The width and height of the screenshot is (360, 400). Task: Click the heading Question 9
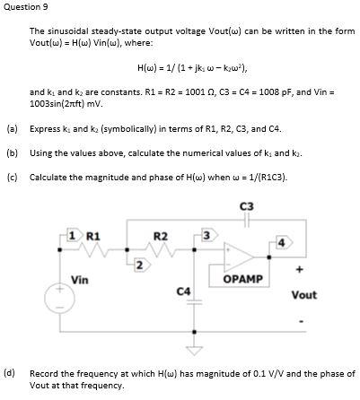(x=24, y=7)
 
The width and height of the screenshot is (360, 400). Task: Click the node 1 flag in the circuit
(x=74, y=235)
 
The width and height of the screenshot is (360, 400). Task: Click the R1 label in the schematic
(x=92, y=236)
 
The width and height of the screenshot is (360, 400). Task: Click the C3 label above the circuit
(x=247, y=206)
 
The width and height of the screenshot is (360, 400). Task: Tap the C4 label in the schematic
(x=183, y=291)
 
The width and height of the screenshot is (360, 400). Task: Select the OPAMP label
(x=241, y=279)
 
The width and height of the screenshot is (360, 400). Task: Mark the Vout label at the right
(x=303, y=294)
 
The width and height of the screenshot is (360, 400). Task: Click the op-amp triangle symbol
(x=239, y=255)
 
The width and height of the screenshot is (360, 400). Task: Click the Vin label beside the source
(x=79, y=280)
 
